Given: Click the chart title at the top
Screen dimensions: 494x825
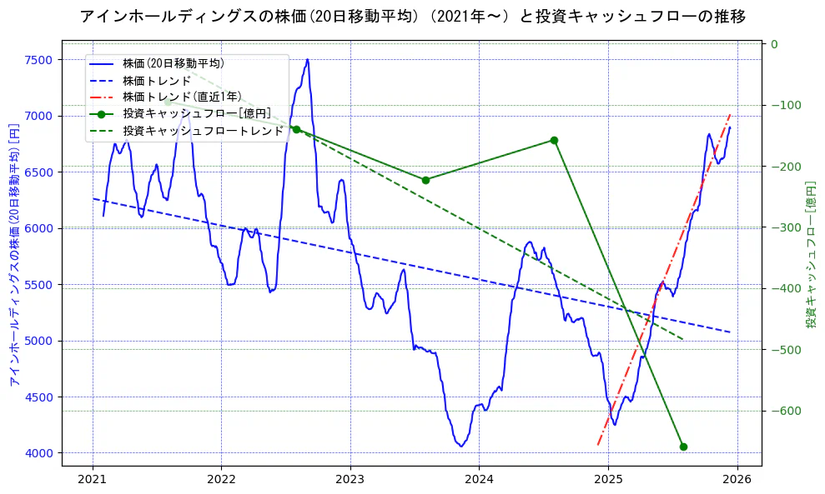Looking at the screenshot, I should [x=412, y=16].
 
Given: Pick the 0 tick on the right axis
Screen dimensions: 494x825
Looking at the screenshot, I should [x=774, y=44].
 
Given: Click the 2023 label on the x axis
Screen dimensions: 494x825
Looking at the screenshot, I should [x=350, y=480].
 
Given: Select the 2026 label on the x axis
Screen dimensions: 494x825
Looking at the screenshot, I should [x=737, y=480].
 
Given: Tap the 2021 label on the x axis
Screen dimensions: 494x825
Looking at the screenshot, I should [x=93, y=480].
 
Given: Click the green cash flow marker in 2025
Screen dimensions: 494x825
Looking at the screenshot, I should [x=683, y=447].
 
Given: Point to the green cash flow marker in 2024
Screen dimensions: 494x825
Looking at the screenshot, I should [x=555, y=140].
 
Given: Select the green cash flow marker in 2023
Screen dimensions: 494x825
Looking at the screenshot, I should [x=425, y=180].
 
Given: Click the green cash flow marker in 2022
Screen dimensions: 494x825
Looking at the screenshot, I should [x=296, y=129].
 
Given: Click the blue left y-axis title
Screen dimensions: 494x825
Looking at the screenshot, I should [x=13, y=255].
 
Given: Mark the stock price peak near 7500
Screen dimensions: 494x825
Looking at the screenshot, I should [x=307, y=60].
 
